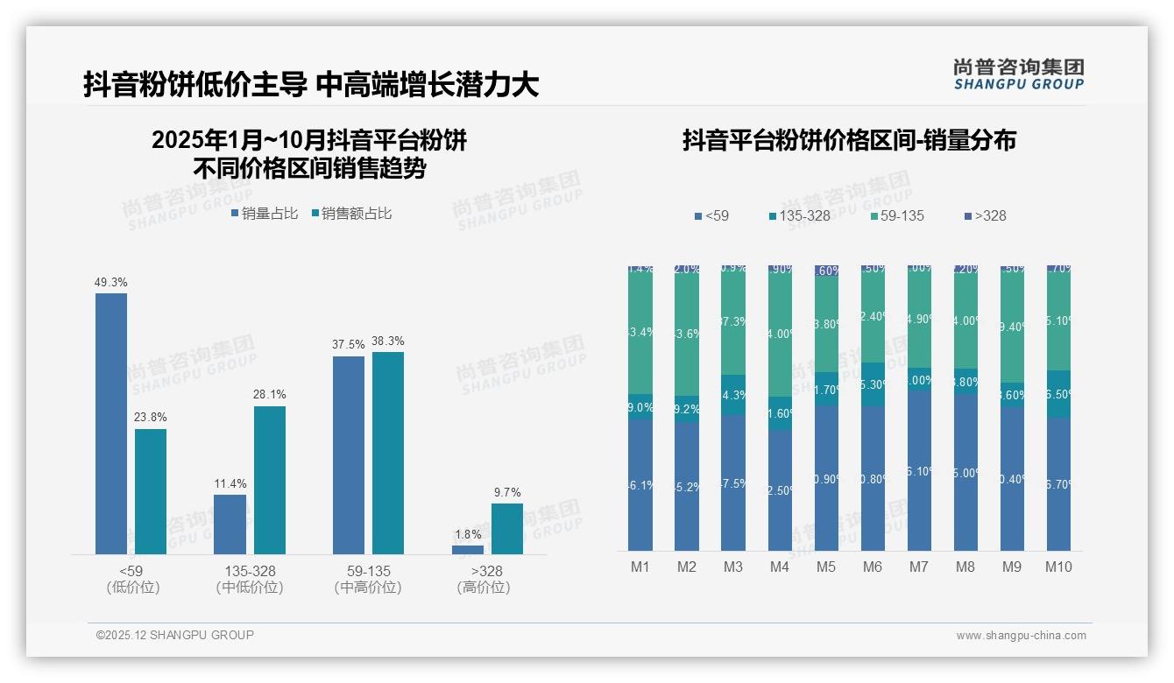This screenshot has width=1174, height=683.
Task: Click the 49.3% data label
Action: point(111,282)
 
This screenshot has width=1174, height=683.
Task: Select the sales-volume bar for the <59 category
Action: point(111,424)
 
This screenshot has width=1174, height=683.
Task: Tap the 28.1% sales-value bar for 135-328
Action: point(270,480)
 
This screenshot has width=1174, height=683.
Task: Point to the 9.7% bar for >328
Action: point(507,529)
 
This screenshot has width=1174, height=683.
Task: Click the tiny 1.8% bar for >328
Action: point(468,550)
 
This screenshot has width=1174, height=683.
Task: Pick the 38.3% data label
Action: point(387,341)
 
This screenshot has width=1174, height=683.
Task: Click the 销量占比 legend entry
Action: point(264,213)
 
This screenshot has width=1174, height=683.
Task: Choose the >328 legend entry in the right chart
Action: point(984,215)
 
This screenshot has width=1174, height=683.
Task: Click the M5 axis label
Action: point(826,567)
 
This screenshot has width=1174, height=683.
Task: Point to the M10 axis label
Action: point(1058,567)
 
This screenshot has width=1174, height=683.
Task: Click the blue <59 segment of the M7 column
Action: point(919,470)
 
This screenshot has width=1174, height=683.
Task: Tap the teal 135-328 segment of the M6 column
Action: point(873,384)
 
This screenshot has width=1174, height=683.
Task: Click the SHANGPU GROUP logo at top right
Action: point(1018,74)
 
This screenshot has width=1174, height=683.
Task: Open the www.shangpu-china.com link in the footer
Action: point(1021,636)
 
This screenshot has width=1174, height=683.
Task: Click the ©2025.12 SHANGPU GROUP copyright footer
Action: point(175,635)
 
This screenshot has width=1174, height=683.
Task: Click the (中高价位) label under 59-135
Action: point(368,588)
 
